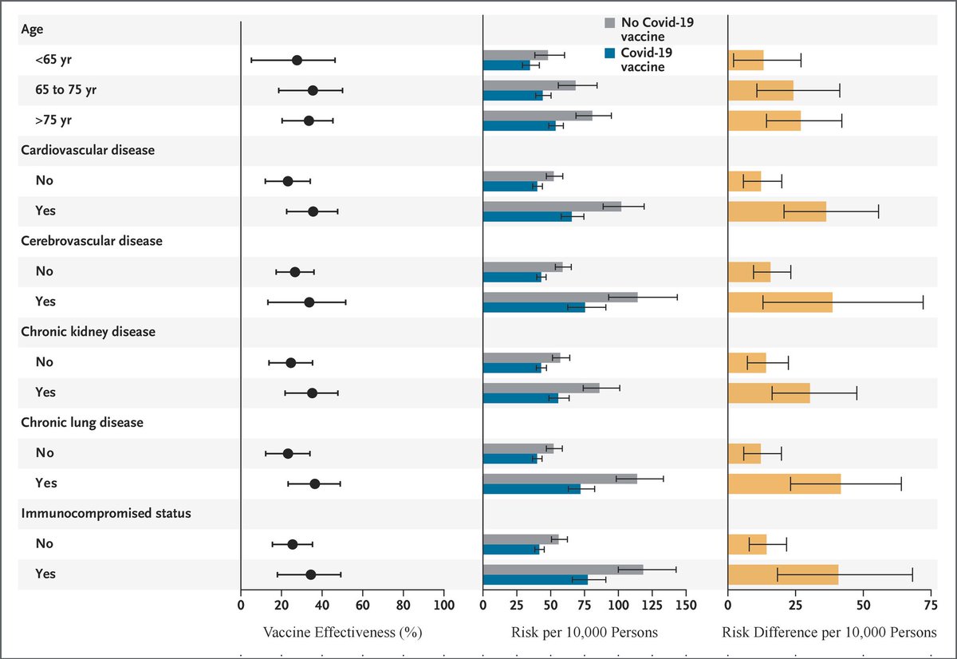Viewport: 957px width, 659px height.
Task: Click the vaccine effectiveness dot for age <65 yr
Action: coord(297,60)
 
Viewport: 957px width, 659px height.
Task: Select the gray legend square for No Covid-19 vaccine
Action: coord(611,23)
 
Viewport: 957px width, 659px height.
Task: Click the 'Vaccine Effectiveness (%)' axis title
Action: coord(341,633)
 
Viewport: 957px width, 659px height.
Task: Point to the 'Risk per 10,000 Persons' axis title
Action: coord(584,633)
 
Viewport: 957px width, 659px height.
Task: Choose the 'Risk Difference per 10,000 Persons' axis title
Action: coord(829,633)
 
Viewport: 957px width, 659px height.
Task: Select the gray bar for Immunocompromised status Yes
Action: coord(562,569)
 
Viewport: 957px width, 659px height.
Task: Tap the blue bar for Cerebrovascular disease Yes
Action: coord(534,307)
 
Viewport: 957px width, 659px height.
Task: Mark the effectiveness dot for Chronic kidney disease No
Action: coord(290,362)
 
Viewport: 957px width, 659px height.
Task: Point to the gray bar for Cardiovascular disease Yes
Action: coord(552,206)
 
